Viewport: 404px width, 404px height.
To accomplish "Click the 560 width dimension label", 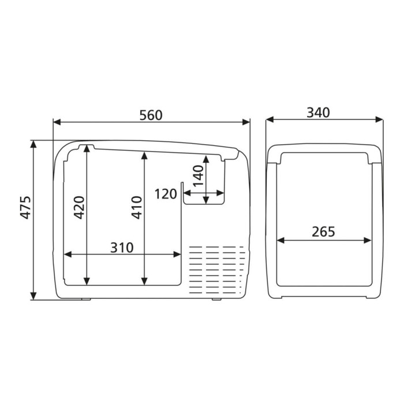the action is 151,115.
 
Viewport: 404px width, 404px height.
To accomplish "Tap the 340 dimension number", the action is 318,113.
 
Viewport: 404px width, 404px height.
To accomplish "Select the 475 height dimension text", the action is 25,208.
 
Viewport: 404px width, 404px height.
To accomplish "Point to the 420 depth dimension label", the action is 79,208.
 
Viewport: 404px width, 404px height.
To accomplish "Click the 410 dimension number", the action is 137,208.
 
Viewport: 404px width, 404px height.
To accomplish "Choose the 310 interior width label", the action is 122,248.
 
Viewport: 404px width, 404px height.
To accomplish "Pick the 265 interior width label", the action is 323,231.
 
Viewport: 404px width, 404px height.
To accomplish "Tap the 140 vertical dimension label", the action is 199,177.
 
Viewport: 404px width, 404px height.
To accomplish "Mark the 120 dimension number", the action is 166,194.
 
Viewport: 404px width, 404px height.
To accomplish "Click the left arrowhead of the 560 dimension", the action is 57,122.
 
